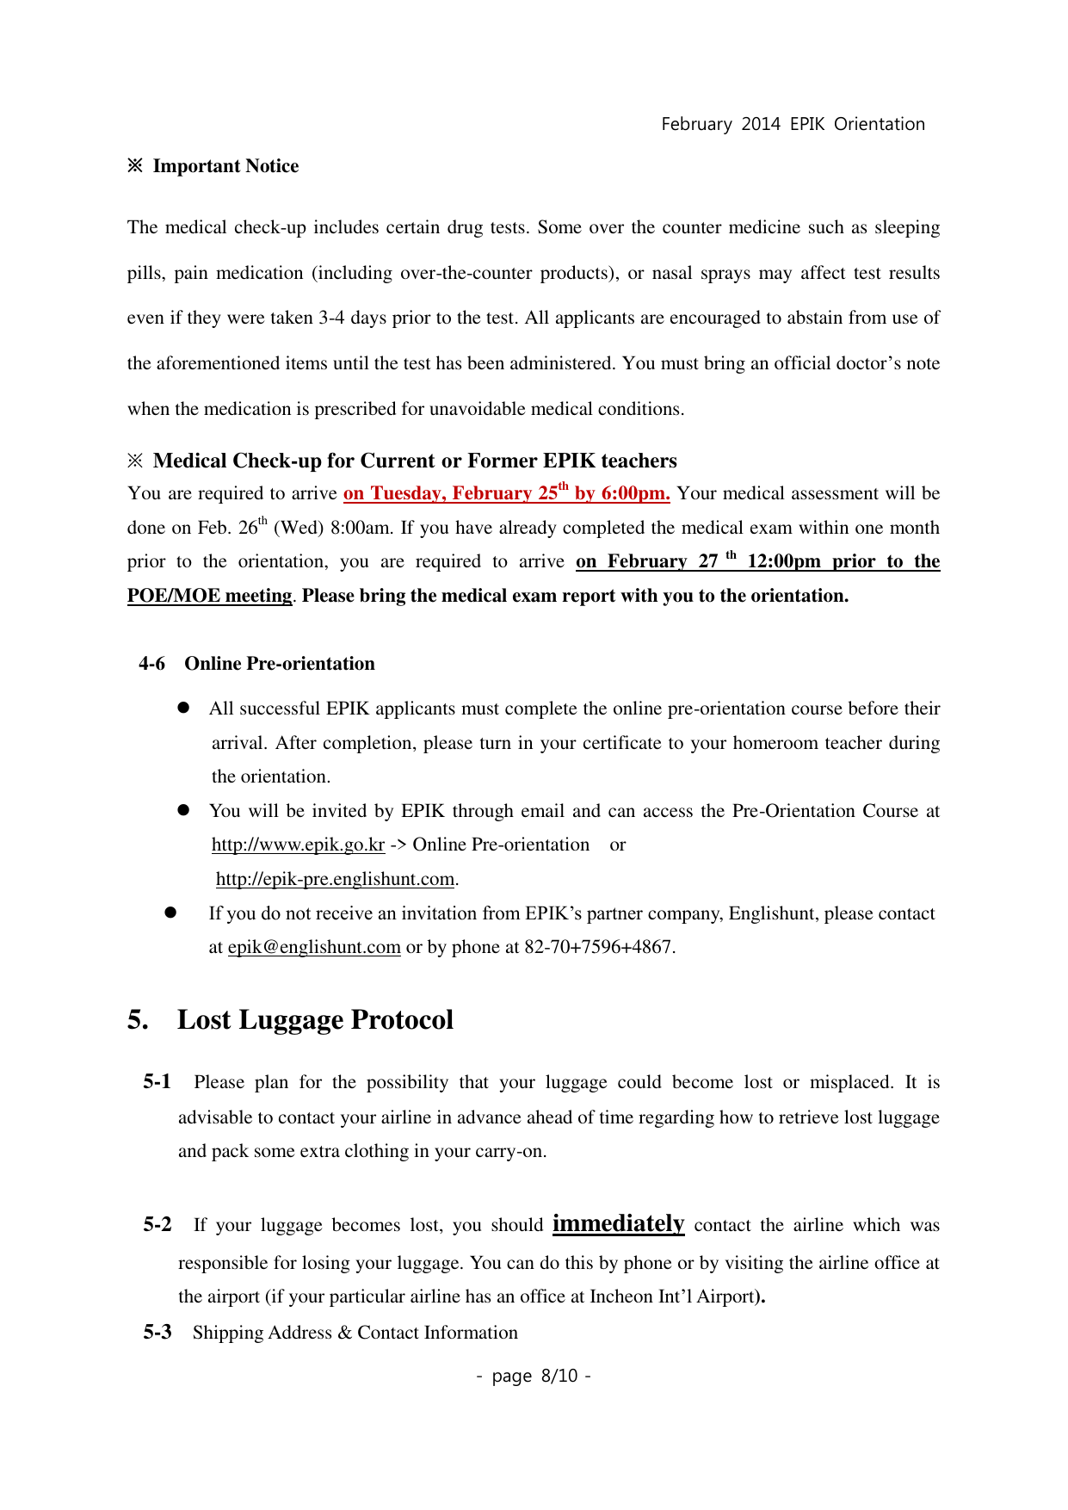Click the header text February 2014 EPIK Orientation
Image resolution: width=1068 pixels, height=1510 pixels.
[x=793, y=124]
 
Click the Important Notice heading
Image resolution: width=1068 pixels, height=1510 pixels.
[x=225, y=166]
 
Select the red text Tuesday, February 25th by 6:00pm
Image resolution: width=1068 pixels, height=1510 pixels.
[x=506, y=493]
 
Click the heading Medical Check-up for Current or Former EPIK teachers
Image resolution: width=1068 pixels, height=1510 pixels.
[x=415, y=461]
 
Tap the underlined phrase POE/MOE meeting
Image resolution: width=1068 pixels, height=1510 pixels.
[x=209, y=596]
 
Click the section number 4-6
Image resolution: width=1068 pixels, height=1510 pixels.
[x=152, y=664]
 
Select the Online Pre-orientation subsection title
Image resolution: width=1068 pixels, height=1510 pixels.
[x=280, y=664]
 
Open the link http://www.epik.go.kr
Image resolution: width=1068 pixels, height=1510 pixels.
[x=298, y=845]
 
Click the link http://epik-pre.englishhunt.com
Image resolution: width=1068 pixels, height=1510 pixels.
[x=335, y=879]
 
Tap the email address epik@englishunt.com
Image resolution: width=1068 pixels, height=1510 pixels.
[x=314, y=947]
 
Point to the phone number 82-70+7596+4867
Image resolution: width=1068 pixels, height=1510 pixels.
[x=599, y=947]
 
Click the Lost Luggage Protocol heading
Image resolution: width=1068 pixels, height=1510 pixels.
[x=315, y=1020]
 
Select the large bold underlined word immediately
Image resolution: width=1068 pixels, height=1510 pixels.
[x=618, y=1223]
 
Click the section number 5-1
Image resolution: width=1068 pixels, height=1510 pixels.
[x=157, y=1082]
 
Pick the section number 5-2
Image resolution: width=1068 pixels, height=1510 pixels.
[x=157, y=1225]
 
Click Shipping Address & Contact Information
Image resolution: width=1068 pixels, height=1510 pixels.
[x=355, y=1333]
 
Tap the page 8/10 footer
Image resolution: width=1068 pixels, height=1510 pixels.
[x=534, y=1376]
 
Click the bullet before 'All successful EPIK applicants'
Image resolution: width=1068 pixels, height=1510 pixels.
[x=183, y=708]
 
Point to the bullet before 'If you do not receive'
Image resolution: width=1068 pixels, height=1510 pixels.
[x=170, y=913]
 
